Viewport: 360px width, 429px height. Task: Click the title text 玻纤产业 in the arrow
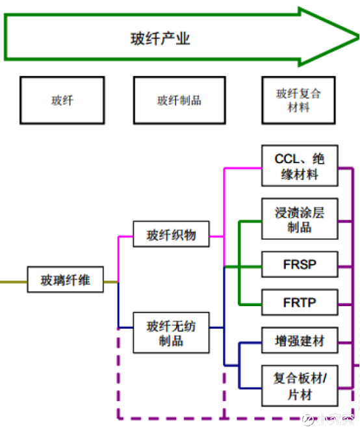click(x=161, y=38)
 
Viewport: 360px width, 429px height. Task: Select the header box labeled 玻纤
click(x=62, y=101)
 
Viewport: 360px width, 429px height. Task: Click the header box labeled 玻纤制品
click(x=179, y=101)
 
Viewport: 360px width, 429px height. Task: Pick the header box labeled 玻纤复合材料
click(x=299, y=100)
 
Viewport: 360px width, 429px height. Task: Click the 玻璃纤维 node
click(x=66, y=281)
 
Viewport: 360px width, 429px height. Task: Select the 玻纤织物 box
click(x=172, y=235)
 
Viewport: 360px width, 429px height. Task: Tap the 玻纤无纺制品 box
click(x=172, y=333)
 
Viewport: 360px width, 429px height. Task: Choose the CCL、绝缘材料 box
click(x=300, y=167)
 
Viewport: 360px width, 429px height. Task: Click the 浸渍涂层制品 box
click(x=300, y=220)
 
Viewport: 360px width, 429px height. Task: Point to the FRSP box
click(x=300, y=265)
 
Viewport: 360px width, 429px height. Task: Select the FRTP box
click(x=300, y=303)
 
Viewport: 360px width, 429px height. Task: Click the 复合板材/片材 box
click(x=300, y=386)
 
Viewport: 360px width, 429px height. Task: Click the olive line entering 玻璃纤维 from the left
click(x=13, y=282)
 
